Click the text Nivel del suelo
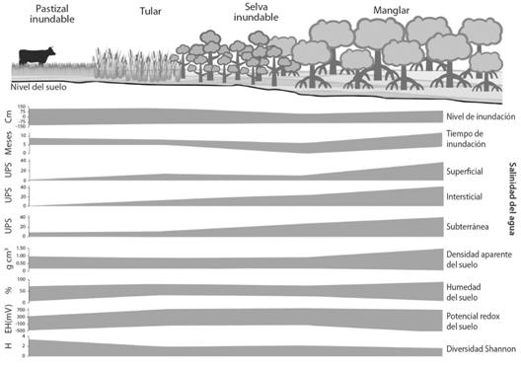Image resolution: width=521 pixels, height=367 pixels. click(x=38, y=85)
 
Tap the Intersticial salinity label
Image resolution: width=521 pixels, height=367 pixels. click(x=467, y=196)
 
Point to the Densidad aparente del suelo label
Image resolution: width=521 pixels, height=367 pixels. click(x=479, y=258)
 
